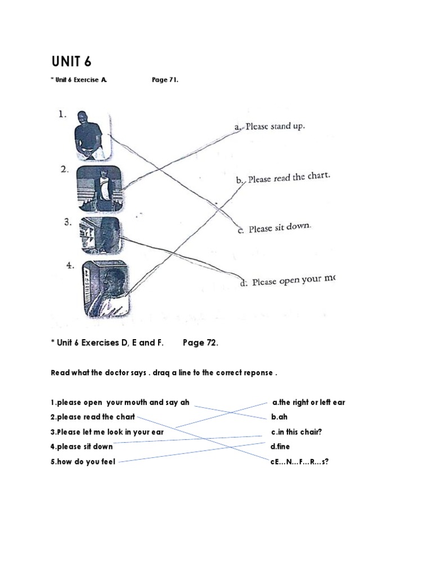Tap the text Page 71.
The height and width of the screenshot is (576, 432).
click(165, 80)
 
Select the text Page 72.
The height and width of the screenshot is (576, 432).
click(200, 343)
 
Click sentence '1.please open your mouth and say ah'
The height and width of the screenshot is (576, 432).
click(120, 403)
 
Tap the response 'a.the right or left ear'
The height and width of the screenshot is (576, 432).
click(308, 403)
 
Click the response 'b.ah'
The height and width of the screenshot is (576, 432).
click(280, 417)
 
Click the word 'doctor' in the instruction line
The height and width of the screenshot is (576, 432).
click(111, 373)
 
